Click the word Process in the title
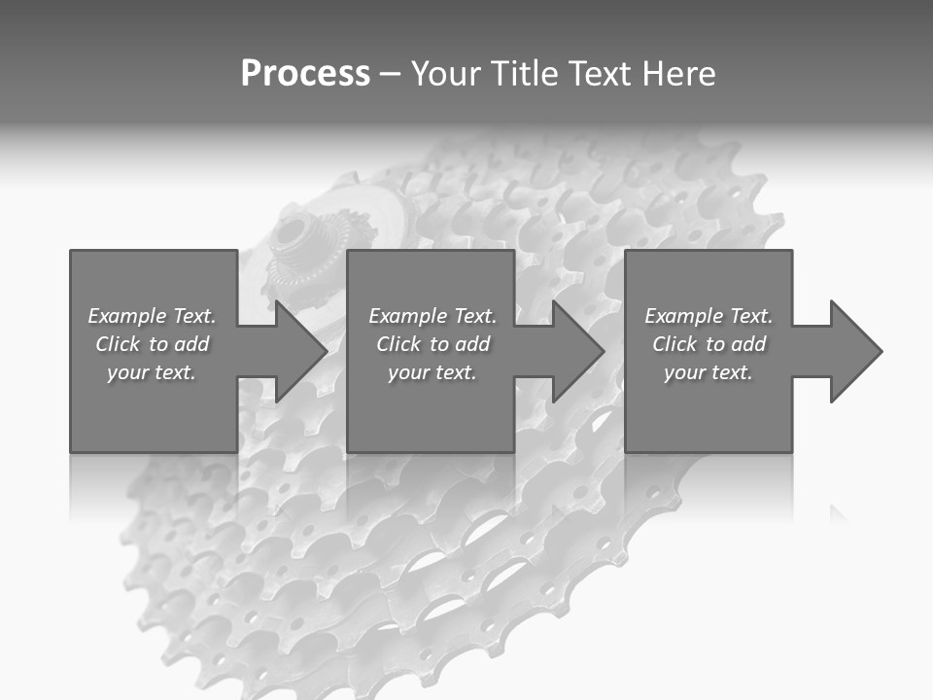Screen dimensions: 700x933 click(305, 74)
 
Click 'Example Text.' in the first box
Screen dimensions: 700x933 click(152, 316)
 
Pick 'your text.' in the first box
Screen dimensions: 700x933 click(152, 372)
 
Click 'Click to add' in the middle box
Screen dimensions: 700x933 click(432, 344)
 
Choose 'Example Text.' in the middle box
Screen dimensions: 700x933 click(432, 316)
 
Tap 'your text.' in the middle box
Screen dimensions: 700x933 click(432, 372)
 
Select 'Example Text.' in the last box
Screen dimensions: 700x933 click(708, 316)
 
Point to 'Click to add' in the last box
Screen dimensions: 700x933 click(708, 344)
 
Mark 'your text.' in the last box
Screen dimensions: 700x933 click(708, 372)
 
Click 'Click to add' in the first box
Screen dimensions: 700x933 click(152, 344)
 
